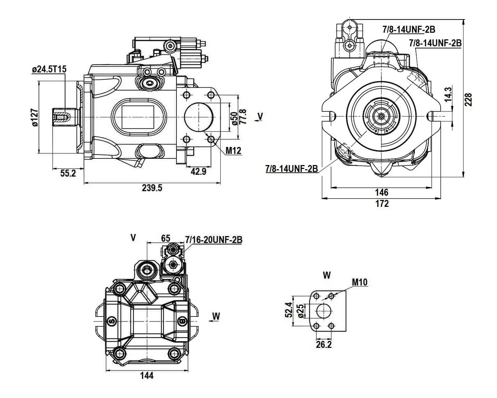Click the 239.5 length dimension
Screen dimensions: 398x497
click(x=152, y=188)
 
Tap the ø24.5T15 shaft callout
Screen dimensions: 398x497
click(x=49, y=70)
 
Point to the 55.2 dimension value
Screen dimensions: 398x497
click(x=68, y=173)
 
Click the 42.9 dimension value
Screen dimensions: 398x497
click(x=198, y=171)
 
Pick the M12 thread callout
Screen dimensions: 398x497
click(x=233, y=150)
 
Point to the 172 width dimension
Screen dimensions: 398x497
click(x=382, y=204)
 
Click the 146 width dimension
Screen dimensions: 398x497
click(x=381, y=192)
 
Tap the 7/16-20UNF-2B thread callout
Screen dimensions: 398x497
click(x=214, y=240)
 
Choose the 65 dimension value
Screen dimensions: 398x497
click(x=166, y=238)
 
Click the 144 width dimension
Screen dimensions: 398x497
click(x=147, y=375)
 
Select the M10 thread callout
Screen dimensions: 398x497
click(x=360, y=282)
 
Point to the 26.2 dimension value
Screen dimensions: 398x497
click(x=324, y=345)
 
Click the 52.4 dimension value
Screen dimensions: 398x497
click(x=289, y=310)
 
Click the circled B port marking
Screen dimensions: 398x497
click(x=182, y=321)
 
